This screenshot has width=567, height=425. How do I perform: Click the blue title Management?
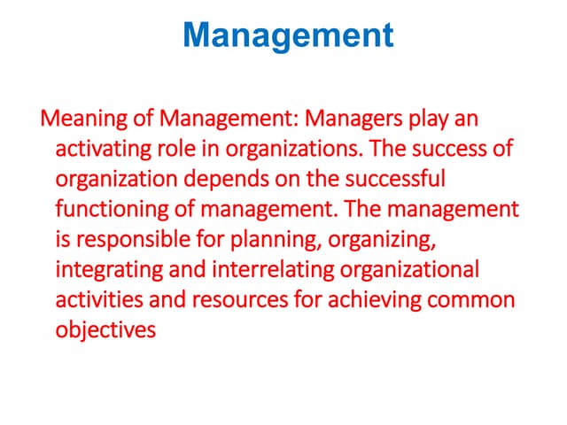tap(288, 35)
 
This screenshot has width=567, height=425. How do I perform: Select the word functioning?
tap(110, 210)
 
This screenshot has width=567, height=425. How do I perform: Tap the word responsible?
tap(132, 240)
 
